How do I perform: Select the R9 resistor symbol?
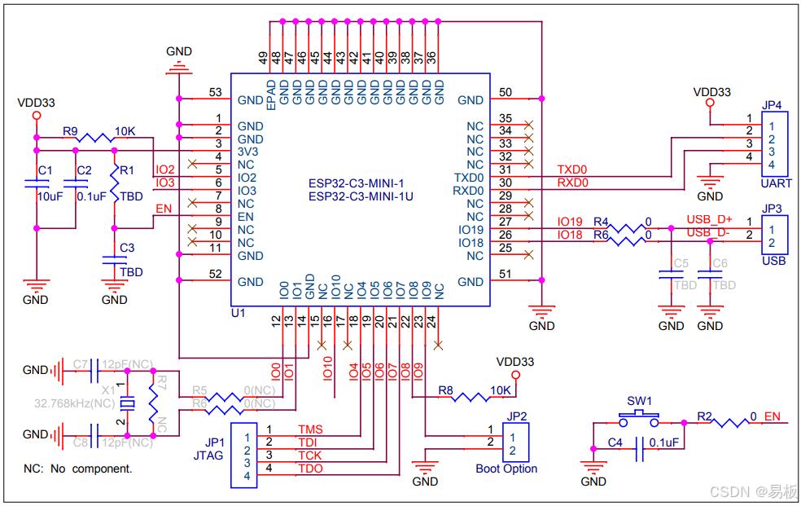pos(94,139)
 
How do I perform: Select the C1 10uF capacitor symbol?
pos(37,190)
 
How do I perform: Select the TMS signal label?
pos(310,429)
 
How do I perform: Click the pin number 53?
pos(215,93)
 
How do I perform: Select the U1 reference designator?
pos(239,313)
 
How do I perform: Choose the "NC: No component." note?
pos(78,469)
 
